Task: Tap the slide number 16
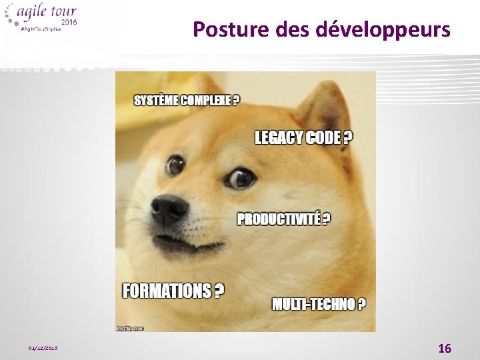444,348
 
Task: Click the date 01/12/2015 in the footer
43,348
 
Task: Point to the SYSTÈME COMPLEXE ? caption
187,101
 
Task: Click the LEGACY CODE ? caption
303,138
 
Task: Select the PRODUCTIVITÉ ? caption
283,219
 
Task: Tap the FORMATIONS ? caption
173,291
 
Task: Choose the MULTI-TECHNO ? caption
319,304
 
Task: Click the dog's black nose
169,209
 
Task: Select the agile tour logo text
50,12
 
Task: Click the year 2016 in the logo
69,23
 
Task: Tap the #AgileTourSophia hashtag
42,29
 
